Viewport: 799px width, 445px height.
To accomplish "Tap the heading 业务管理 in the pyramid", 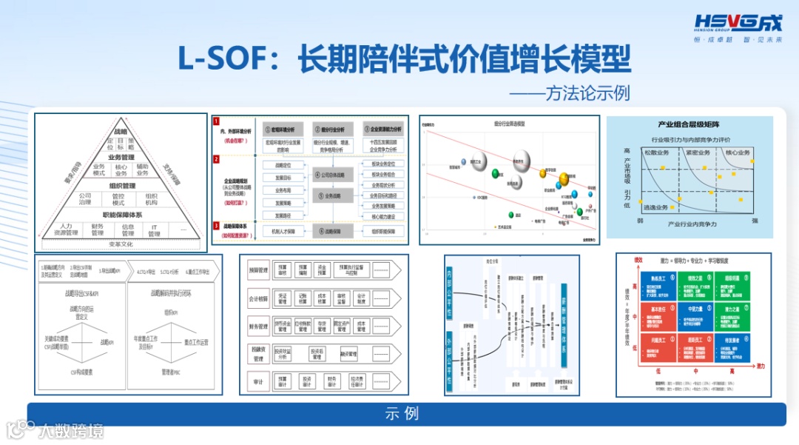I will coord(121,157).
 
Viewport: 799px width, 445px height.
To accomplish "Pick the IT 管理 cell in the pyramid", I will coord(155,230).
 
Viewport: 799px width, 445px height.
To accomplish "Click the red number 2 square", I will coord(216,159).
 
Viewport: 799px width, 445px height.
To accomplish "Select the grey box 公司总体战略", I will coord(328,175).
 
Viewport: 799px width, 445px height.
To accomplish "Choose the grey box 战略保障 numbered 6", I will coord(328,231).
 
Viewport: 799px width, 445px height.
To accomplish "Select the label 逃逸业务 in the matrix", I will coord(656,207).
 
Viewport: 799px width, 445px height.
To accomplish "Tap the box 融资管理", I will coord(348,354).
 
